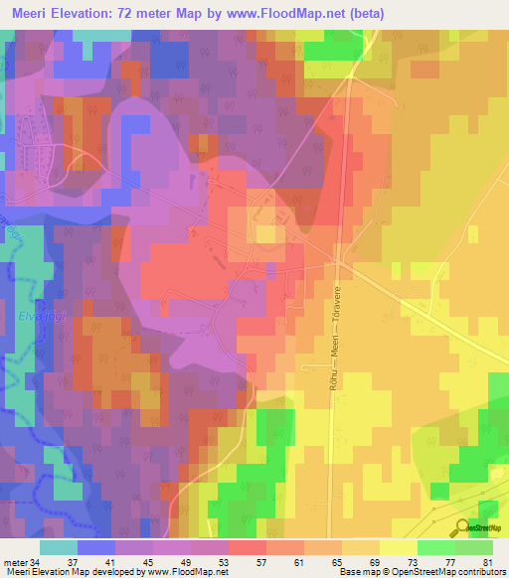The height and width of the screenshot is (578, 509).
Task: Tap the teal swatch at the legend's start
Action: click(x=59, y=547)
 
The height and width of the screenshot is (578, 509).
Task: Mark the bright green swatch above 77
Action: click(x=436, y=547)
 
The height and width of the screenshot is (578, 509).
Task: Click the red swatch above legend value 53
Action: click(x=248, y=547)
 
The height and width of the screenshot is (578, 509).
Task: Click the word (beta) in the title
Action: click(x=364, y=13)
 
